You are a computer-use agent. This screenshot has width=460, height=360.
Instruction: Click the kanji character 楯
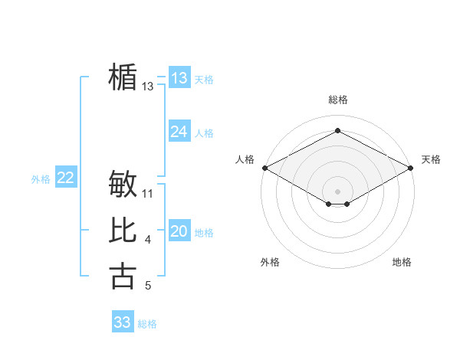[x=123, y=77]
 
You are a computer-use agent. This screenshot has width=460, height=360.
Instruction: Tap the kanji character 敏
[x=123, y=184]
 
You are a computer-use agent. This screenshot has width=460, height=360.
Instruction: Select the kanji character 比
[x=123, y=231]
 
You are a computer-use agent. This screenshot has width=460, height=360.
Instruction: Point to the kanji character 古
[x=123, y=276]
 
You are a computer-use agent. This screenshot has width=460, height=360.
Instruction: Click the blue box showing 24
[x=179, y=132]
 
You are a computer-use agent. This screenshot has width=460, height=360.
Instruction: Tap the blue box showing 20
[x=179, y=232]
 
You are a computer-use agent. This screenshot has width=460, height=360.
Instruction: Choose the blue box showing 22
[x=66, y=178]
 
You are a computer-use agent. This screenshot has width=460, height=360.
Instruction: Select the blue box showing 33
[x=123, y=322]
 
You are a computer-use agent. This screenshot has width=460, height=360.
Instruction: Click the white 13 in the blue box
[x=179, y=78]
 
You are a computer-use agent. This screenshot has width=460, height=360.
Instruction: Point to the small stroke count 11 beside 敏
[x=149, y=193]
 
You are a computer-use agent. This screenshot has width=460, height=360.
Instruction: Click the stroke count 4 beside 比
[x=148, y=241]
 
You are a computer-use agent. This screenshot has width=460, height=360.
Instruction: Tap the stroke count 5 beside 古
[x=148, y=286]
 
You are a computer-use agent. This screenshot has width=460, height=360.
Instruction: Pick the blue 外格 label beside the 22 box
[x=41, y=179]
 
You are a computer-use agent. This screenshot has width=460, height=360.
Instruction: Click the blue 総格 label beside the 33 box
[x=147, y=324]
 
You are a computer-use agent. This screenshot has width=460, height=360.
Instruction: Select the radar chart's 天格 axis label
[x=431, y=159]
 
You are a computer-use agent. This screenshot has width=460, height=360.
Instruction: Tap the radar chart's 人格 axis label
[x=245, y=159]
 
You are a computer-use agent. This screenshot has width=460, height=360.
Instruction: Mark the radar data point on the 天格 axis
[x=411, y=168]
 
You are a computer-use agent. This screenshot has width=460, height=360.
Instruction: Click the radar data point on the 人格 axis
[x=264, y=168]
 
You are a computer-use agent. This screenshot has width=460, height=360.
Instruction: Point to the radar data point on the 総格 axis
[x=337, y=131]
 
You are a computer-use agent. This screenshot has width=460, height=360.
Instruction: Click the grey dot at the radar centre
[x=337, y=191]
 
